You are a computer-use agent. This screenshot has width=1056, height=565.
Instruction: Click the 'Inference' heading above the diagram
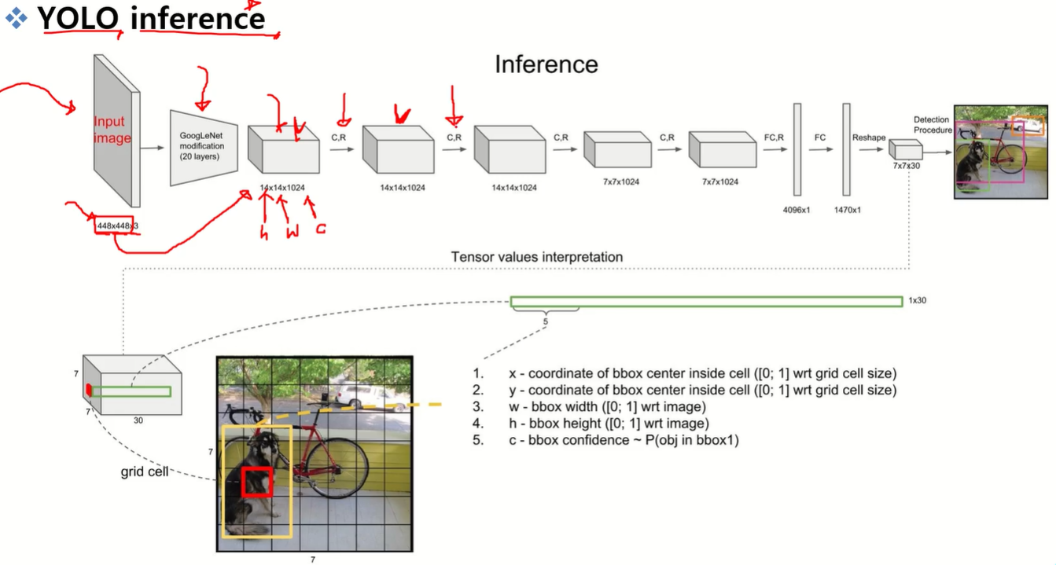[546, 64]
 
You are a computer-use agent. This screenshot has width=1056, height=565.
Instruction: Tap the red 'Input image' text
[112, 130]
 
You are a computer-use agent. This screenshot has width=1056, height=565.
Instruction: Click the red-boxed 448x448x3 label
[115, 226]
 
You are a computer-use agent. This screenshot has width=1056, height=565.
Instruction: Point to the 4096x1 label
[797, 211]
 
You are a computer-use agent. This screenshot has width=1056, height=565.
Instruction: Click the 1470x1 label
[846, 211]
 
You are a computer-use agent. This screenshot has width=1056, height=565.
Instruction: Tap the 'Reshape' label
[869, 138]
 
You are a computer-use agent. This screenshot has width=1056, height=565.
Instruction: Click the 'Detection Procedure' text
[932, 125]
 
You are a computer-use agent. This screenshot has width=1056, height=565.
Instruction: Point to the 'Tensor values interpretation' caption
[537, 257]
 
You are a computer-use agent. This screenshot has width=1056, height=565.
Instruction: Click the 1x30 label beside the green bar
[918, 300]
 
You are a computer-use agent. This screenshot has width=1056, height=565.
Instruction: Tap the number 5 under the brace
[545, 321]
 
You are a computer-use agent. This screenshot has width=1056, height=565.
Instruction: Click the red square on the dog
[256, 481]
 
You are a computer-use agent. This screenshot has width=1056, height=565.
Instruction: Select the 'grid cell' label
[144, 472]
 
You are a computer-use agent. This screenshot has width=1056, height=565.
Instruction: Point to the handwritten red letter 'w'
[292, 233]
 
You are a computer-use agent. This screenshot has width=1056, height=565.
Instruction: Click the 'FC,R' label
[774, 138]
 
